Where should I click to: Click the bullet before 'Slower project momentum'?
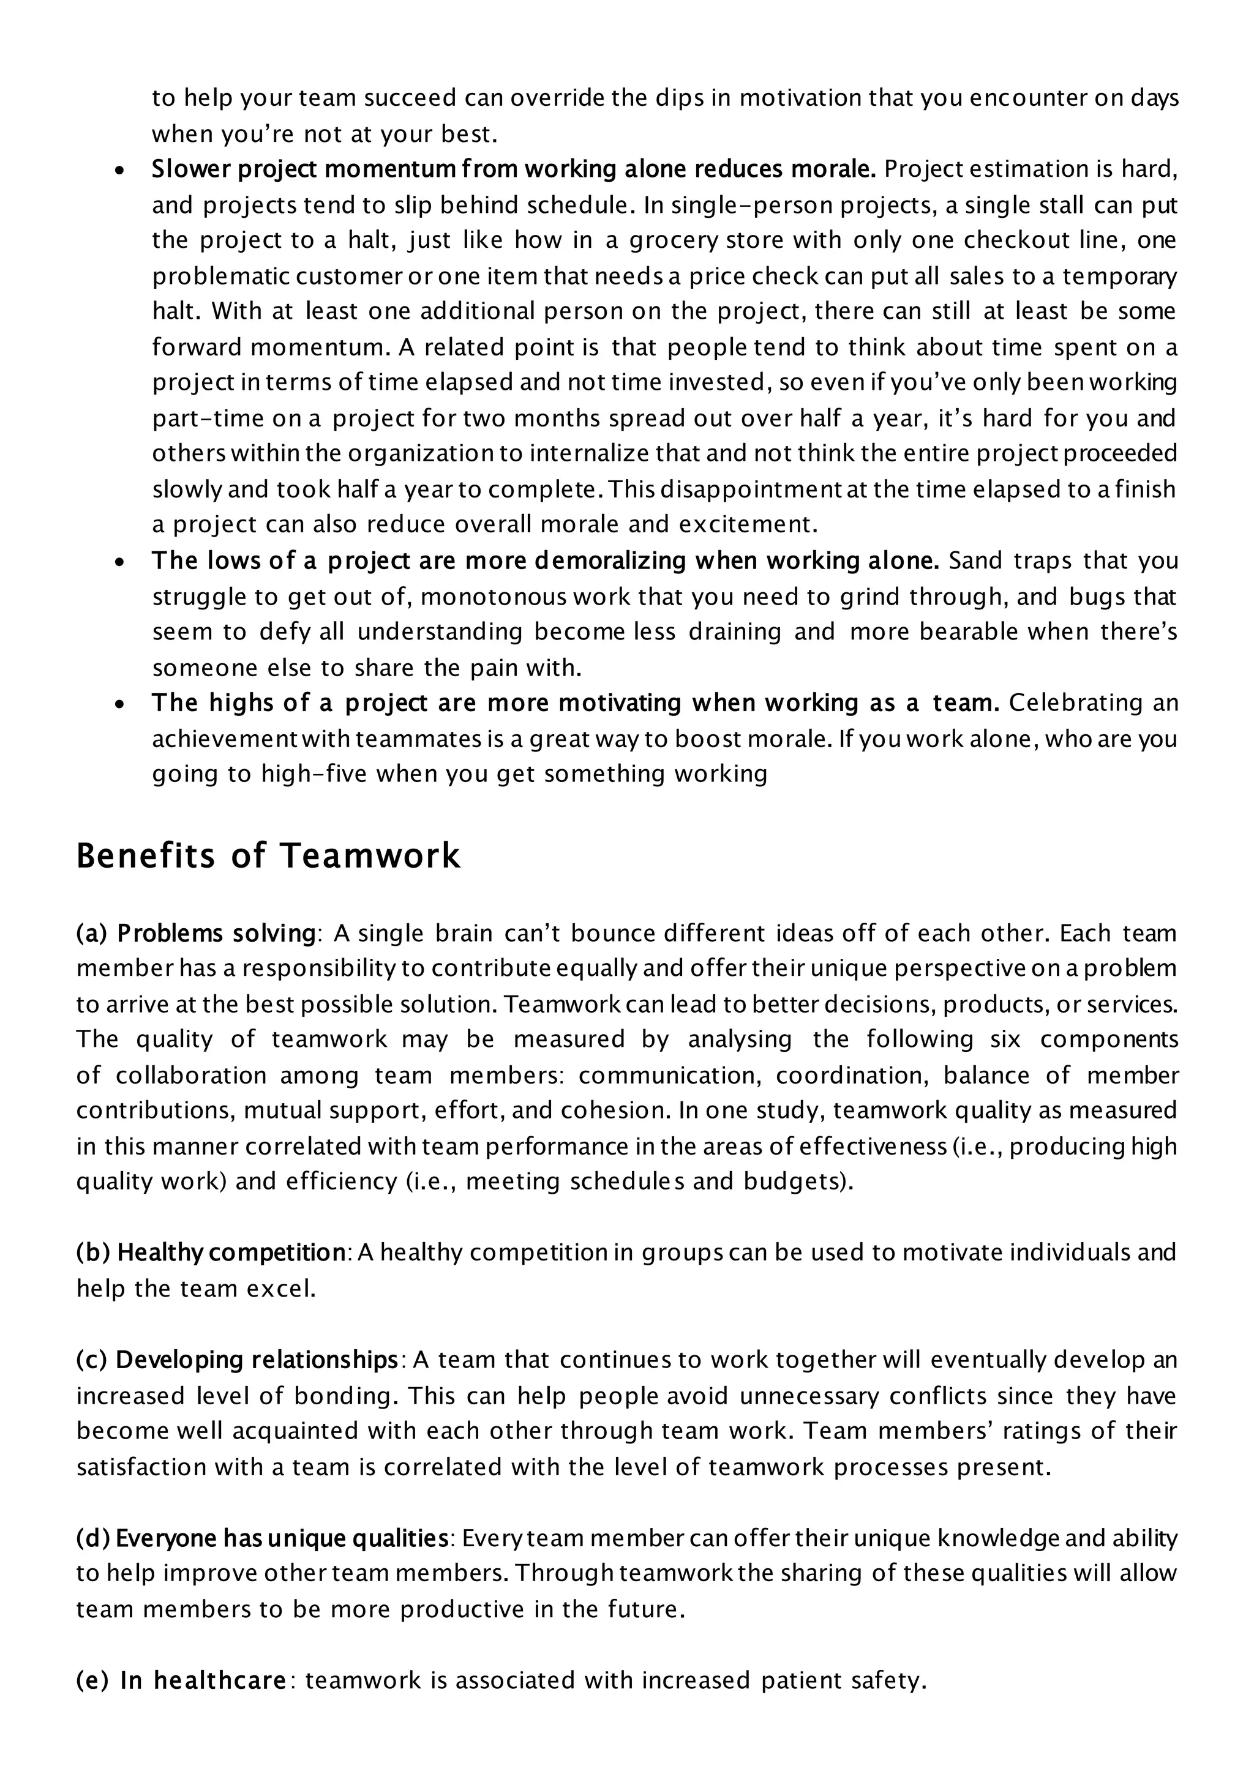[x=119, y=171]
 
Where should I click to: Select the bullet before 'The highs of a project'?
[x=119, y=705]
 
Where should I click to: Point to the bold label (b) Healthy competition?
[x=210, y=1252]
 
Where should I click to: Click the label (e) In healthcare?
[x=181, y=1680]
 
